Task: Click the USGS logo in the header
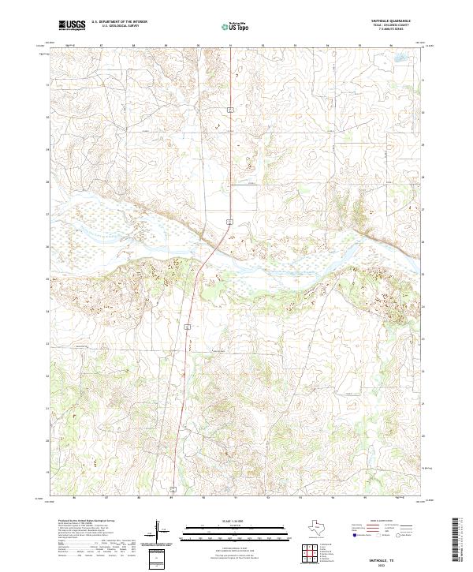click(72, 25)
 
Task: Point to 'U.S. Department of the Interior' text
click(119, 22)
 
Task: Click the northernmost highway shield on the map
click(229, 108)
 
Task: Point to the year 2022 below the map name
click(389, 564)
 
